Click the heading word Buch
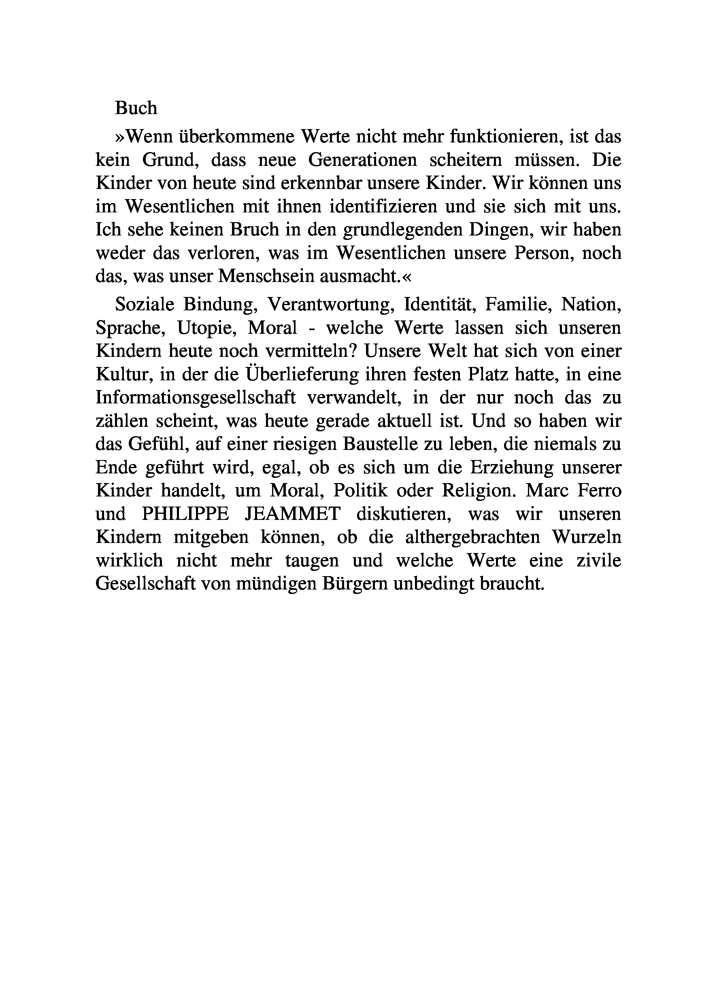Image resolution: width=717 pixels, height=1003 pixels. coord(136,108)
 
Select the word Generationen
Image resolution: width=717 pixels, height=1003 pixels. coord(362,160)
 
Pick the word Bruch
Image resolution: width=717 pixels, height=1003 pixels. coord(253,230)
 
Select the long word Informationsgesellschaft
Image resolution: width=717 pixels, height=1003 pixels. coord(195,398)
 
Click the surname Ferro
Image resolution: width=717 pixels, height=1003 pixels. coord(601,491)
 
